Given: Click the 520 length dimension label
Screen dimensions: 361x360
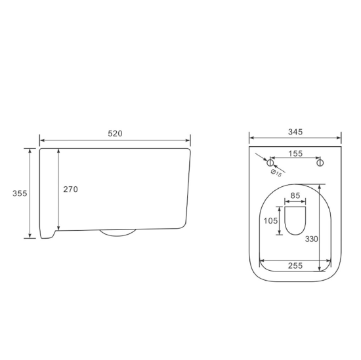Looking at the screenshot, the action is (x=115, y=134).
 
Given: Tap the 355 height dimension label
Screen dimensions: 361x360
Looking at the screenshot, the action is (x=20, y=193).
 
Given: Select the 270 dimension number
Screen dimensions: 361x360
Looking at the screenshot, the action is (x=71, y=190).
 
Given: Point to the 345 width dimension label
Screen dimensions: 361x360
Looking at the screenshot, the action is (x=295, y=132).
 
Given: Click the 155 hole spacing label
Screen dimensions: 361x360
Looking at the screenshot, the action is (x=295, y=153).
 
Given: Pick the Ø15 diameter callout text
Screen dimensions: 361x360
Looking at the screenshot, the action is (x=276, y=173).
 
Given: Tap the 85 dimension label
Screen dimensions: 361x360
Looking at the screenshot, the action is (x=295, y=195).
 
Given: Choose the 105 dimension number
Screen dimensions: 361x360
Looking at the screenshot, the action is (x=270, y=221).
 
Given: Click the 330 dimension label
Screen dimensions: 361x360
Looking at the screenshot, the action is (x=312, y=239).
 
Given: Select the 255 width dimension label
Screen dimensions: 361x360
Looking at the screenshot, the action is (x=295, y=266).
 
